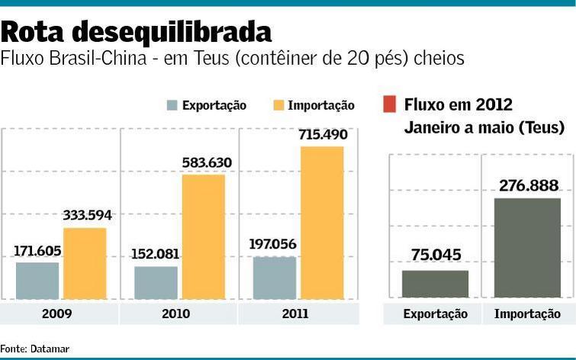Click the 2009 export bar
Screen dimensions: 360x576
click(x=37, y=280)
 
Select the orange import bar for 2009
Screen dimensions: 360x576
click(x=85, y=263)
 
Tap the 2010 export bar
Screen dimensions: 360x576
click(x=156, y=282)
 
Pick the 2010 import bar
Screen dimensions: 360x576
click(x=204, y=236)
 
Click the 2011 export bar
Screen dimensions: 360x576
click(x=275, y=278)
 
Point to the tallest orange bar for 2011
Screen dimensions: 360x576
click(x=322, y=222)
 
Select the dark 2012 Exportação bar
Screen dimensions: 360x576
click(x=435, y=284)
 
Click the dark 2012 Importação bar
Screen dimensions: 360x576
click(x=528, y=248)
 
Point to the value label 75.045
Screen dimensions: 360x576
click(x=435, y=256)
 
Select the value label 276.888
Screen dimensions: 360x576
click(x=529, y=185)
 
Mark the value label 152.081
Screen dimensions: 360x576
click(x=156, y=254)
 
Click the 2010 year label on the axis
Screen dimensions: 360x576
click(x=179, y=313)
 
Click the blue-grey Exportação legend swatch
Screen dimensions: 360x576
click(x=172, y=105)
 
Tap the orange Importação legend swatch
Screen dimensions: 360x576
click(x=277, y=105)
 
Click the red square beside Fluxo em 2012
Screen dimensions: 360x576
click(x=389, y=104)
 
